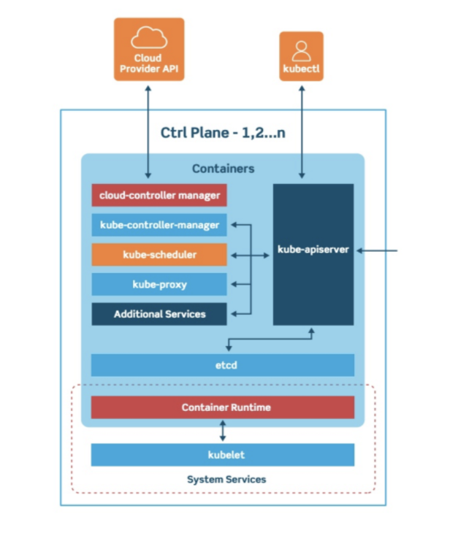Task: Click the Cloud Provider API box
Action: (148, 49)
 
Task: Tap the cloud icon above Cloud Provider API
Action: (148, 37)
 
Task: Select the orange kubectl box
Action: (301, 56)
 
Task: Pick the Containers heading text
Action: (223, 169)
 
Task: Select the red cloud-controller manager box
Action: (159, 195)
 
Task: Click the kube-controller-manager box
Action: (159, 225)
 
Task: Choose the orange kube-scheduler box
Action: (159, 254)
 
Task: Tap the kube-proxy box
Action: (159, 284)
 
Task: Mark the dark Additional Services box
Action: (159, 314)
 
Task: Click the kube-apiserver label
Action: (313, 250)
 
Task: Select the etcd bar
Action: (222, 364)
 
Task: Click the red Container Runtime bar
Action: (222, 407)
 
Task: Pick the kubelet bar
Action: (222, 454)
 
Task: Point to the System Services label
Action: (226, 480)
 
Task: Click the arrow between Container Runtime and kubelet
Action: (222, 431)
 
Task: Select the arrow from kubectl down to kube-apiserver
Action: (301, 131)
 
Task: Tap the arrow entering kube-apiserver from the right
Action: (376, 250)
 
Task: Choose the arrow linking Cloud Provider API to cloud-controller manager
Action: (148, 131)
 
